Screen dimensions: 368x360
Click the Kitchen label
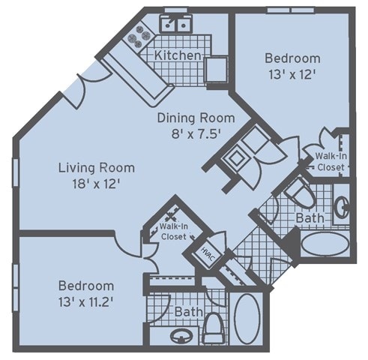tap(178, 55)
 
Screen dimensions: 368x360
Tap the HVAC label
tap(208, 254)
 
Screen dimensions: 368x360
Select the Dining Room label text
tap(196, 118)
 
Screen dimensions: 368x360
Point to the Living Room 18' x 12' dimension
tap(97, 184)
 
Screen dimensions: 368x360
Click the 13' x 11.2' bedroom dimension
tap(86, 302)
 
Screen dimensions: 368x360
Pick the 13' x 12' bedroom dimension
tap(292, 74)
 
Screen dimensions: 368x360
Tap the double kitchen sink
tap(176, 24)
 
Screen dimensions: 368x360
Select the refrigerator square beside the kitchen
tap(217, 70)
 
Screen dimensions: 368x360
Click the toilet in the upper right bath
tap(301, 193)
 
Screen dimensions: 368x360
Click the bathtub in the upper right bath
tap(325, 244)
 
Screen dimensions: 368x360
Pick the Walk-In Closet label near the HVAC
tap(174, 232)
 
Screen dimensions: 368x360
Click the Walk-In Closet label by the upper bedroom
tap(331, 161)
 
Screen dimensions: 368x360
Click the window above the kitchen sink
tap(176, 10)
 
